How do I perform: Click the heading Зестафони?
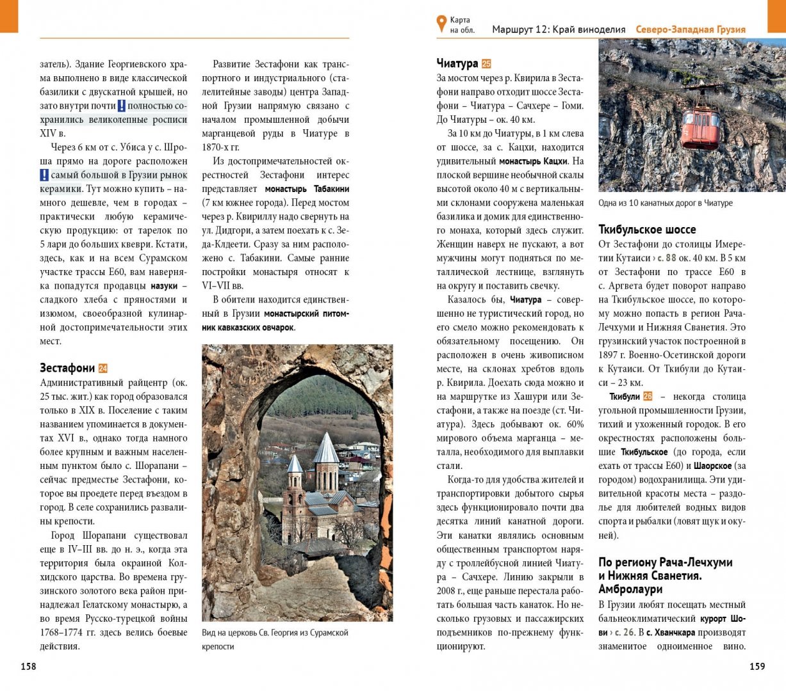click(67, 368)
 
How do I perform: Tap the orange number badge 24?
click(103, 369)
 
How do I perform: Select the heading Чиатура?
click(457, 63)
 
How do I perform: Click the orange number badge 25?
click(487, 64)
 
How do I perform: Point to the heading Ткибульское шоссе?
click(647, 229)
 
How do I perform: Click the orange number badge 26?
click(648, 397)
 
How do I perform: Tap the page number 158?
click(29, 666)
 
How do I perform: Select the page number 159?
click(757, 666)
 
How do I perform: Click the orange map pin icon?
click(441, 24)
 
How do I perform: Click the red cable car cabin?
click(701, 124)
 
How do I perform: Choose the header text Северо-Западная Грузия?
click(691, 29)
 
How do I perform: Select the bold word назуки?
click(164, 286)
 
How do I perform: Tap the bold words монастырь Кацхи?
click(533, 161)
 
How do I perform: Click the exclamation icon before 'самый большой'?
click(44, 175)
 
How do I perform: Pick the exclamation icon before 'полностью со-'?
click(121, 106)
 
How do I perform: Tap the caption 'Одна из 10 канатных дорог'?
click(665, 203)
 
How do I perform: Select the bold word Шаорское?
click(712, 466)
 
